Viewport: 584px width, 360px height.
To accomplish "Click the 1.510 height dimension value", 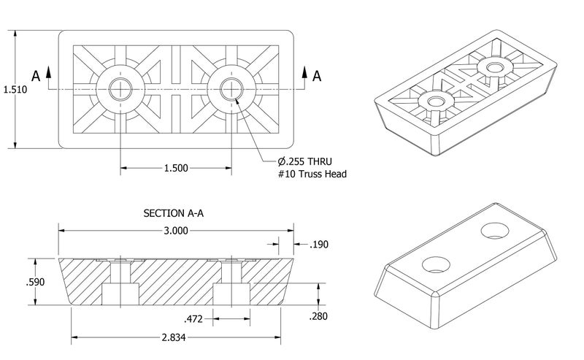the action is (15, 89).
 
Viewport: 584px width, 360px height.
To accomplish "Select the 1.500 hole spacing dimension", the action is (176, 168).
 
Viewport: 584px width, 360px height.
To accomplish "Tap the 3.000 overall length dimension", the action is (176, 231).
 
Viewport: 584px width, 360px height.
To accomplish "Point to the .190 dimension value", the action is (319, 245).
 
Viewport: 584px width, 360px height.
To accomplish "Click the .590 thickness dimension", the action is (35, 282).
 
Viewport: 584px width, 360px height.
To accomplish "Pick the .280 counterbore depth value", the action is (318, 316).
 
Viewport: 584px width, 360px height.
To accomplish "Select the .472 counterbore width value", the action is (193, 319).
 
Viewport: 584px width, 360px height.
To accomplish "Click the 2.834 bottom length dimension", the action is (174, 337).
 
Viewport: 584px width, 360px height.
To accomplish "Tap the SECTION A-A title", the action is (174, 213).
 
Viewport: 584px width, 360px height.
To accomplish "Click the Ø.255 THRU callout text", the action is (304, 161).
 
